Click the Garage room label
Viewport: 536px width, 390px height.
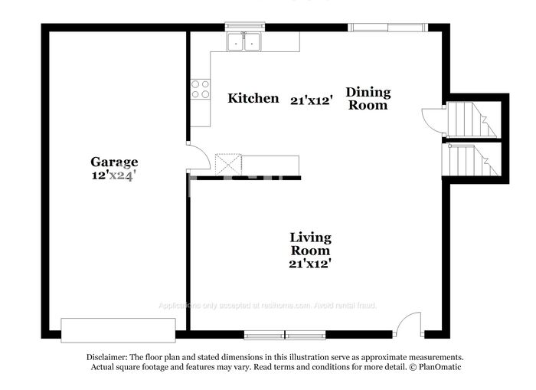click(x=114, y=162)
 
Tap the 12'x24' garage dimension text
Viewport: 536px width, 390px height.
click(x=114, y=175)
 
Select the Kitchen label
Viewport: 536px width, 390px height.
click(x=253, y=98)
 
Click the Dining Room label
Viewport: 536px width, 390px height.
click(x=368, y=99)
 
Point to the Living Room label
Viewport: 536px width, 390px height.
click(x=310, y=244)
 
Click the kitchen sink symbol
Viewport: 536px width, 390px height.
click(x=245, y=42)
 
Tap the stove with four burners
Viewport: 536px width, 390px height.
click(x=200, y=90)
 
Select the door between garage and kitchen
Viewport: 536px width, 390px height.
click(x=198, y=157)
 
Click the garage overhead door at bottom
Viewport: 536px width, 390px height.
click(x=118, y=330)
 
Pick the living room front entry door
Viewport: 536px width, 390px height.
click(x=409, y=324)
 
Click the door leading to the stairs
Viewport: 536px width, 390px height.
click(x=433, y=120)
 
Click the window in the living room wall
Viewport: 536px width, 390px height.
click(x=284, y=335)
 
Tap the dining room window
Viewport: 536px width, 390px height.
click(x=388, y=28)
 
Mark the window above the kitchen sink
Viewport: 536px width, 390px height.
click(x=245, y=27)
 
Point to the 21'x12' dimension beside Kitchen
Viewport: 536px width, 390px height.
click(x=311, y=100)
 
